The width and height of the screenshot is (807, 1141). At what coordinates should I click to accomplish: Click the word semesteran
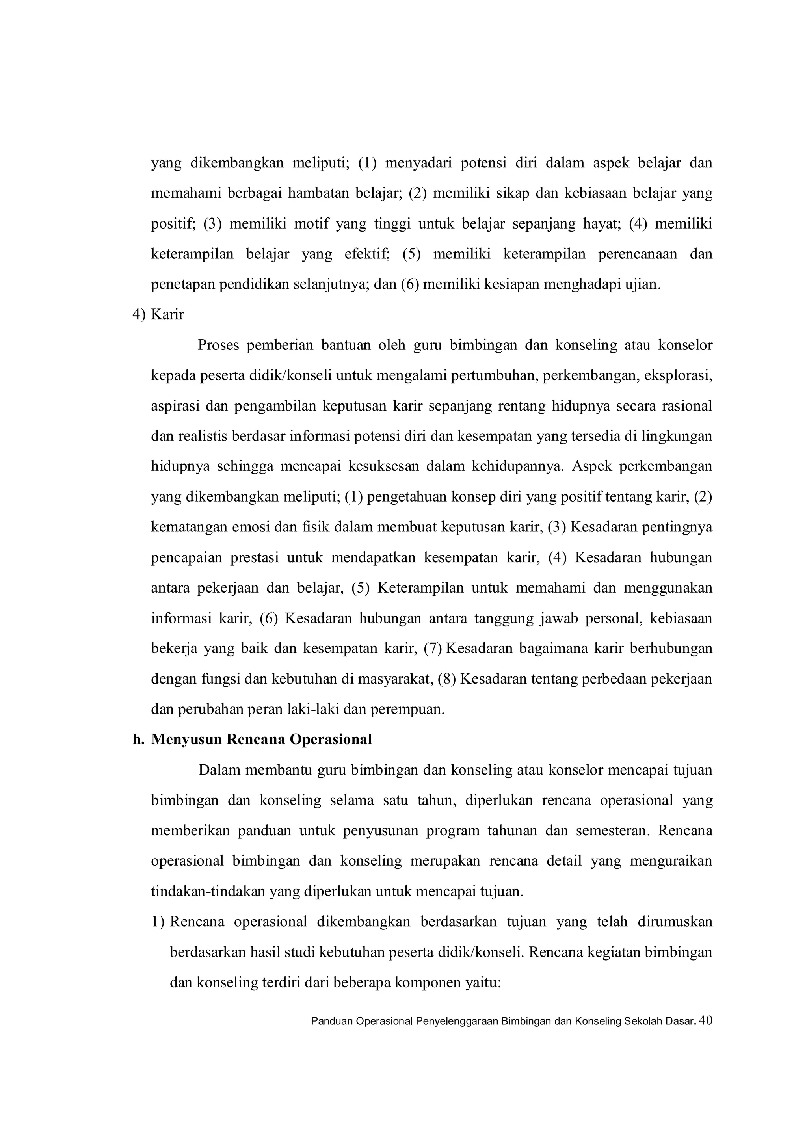pos(613,831)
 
